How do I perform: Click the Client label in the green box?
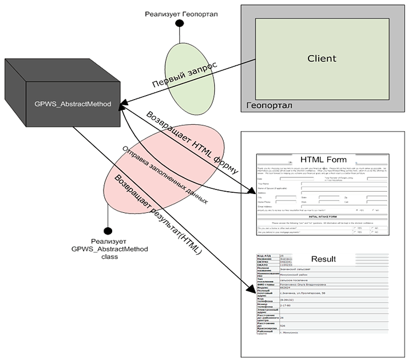[x=322, y=58]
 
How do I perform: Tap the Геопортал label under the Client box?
[x=268, y=105]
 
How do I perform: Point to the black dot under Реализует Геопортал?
[x=180, y=24]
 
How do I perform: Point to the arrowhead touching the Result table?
[x=252, y=291]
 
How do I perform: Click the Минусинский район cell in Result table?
[x=298, y=275]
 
